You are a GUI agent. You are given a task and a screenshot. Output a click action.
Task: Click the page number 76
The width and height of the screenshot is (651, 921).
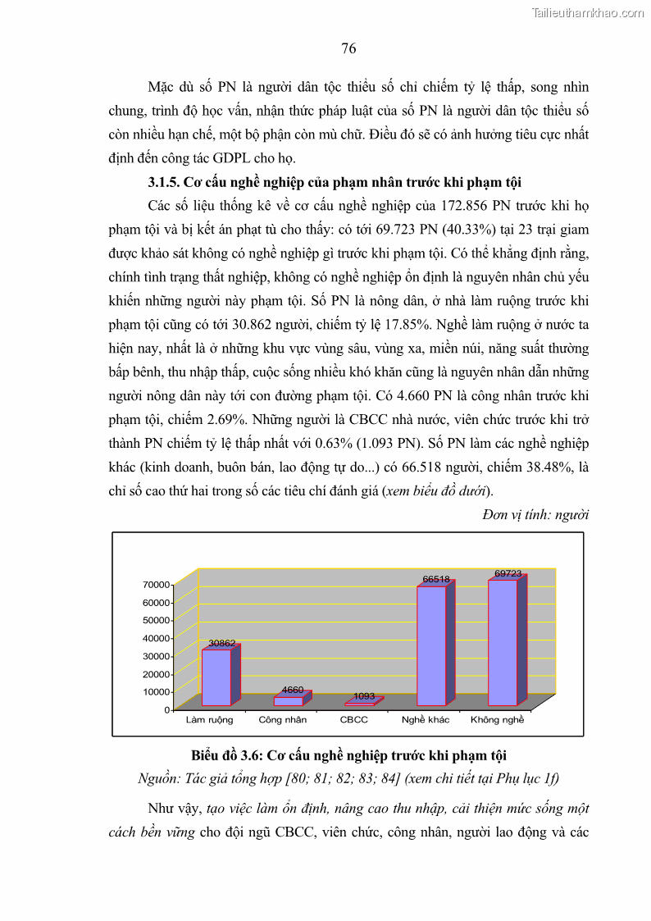coord(348,48)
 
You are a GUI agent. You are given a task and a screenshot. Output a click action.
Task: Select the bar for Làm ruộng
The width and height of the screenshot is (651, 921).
coord(216,677)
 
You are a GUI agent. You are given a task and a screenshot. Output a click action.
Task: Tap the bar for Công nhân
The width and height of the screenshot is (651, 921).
coord(288,701)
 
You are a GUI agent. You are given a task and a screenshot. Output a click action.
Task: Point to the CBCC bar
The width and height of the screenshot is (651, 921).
coord(359,703)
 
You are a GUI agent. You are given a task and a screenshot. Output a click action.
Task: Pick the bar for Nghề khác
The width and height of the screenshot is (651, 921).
coord(431,645)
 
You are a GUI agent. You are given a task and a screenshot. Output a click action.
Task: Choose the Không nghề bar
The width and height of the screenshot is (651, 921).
coord(503,642)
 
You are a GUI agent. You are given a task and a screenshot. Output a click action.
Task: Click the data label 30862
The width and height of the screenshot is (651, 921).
coord(221,643)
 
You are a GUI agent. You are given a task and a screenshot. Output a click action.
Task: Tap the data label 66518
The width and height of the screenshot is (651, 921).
coord(436,579)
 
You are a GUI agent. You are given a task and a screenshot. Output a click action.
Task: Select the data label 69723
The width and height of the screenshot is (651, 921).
coord(508,572)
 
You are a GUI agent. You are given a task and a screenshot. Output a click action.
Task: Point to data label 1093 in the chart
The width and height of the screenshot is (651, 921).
coord(364,696)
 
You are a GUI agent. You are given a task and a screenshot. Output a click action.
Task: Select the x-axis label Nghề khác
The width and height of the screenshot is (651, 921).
coord(426,720)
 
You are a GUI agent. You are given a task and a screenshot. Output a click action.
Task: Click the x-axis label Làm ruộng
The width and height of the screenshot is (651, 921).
coord(210,720)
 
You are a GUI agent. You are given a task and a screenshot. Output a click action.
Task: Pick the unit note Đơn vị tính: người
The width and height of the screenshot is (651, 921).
coord(536,515)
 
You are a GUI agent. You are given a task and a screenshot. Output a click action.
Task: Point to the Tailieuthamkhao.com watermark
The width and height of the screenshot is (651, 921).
coord(588,12)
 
